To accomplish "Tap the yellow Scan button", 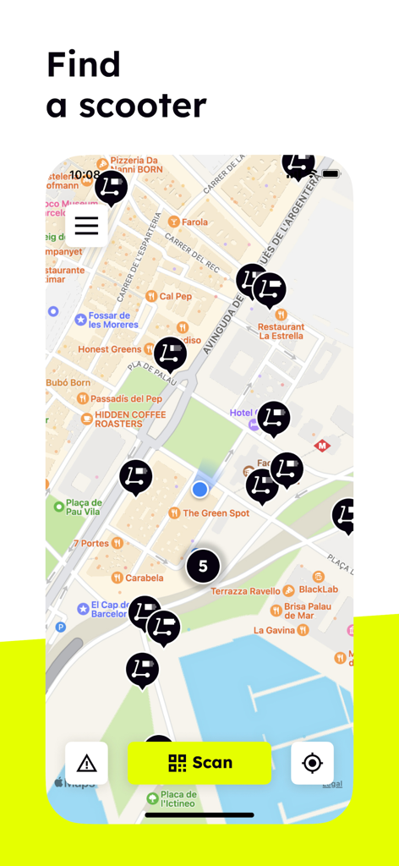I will coord(199,763).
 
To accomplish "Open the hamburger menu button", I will coord(86,226).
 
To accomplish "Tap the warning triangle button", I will coord(86,763).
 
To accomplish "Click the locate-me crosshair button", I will coord(312,763).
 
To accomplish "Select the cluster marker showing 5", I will coord(203,566).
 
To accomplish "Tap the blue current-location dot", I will coord(199,489).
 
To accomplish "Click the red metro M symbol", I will coord(322,446).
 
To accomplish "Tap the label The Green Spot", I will coord(216,513).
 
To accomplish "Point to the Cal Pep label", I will coord(175,296).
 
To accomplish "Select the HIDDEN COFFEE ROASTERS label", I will coord(118,419).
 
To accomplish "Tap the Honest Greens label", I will coord(110,349).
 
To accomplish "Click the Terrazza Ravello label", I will coord(245,591).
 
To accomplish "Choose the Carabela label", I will coord(143,578).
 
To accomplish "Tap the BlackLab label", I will coord(318,590).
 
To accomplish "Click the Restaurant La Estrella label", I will coord(281,332).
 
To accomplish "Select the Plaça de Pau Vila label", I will coord(84,507).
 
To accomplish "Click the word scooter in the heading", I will coord(143,106).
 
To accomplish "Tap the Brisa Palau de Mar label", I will coord(311,611).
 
